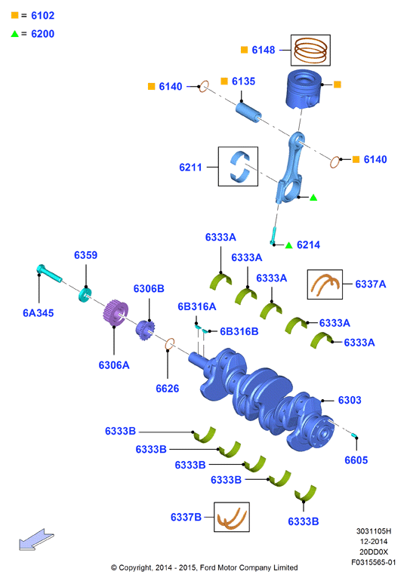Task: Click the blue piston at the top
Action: (x=304, y=89)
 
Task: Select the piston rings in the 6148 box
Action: (x=310, y=51)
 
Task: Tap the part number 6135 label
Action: (x=243, y=81)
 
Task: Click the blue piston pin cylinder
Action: (x=248, y=112)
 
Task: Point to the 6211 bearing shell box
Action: (x=238, y=167)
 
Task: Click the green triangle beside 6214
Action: (x=288, y=245)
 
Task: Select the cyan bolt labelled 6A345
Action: (x=49, y=273)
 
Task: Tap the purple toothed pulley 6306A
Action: (x=116, y=313)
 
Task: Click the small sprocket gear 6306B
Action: (x=145, y=330)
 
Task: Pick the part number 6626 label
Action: (x=168, y=389)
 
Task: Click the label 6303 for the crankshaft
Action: (x=350, y=400)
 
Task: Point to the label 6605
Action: (x=356, y=460)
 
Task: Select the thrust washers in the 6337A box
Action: (x=325, y=284)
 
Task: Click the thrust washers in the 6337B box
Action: (x=232, y=518)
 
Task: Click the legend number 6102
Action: (x=43, y=16)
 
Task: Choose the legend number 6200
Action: (x=43, y=34)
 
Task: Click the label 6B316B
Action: (x=239, y=331)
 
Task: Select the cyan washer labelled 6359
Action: (x=85, y=294)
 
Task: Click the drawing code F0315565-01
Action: (x=374, y=562)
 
